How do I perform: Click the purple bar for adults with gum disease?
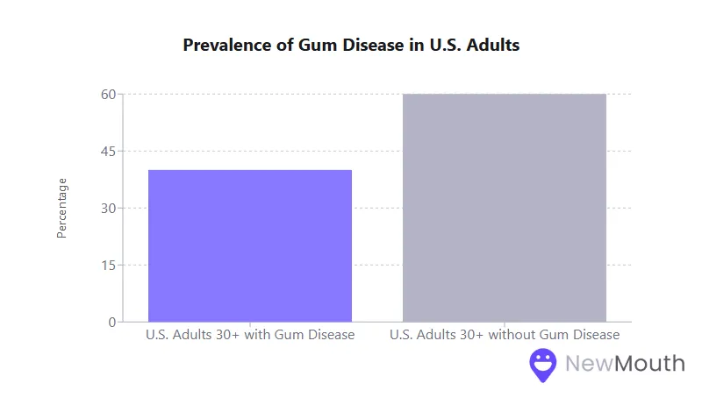tap(250, 245)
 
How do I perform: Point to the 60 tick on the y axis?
tap(108, 94)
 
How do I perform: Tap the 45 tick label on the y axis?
tap(108, 151)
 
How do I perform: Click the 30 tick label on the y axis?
tap(108, 208)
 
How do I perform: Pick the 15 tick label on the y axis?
tap(108, 265)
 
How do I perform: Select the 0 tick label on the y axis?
tap(112, 322)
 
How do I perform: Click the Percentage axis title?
tap(61, 208)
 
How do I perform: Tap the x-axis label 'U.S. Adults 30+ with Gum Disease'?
tap(250, 335)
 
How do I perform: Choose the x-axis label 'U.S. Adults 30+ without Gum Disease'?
tap(505, 335)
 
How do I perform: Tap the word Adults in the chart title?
tap(494, 46)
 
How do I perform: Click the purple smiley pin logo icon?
tap(543, 365)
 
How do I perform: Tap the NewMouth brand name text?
tap(625, 363)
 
